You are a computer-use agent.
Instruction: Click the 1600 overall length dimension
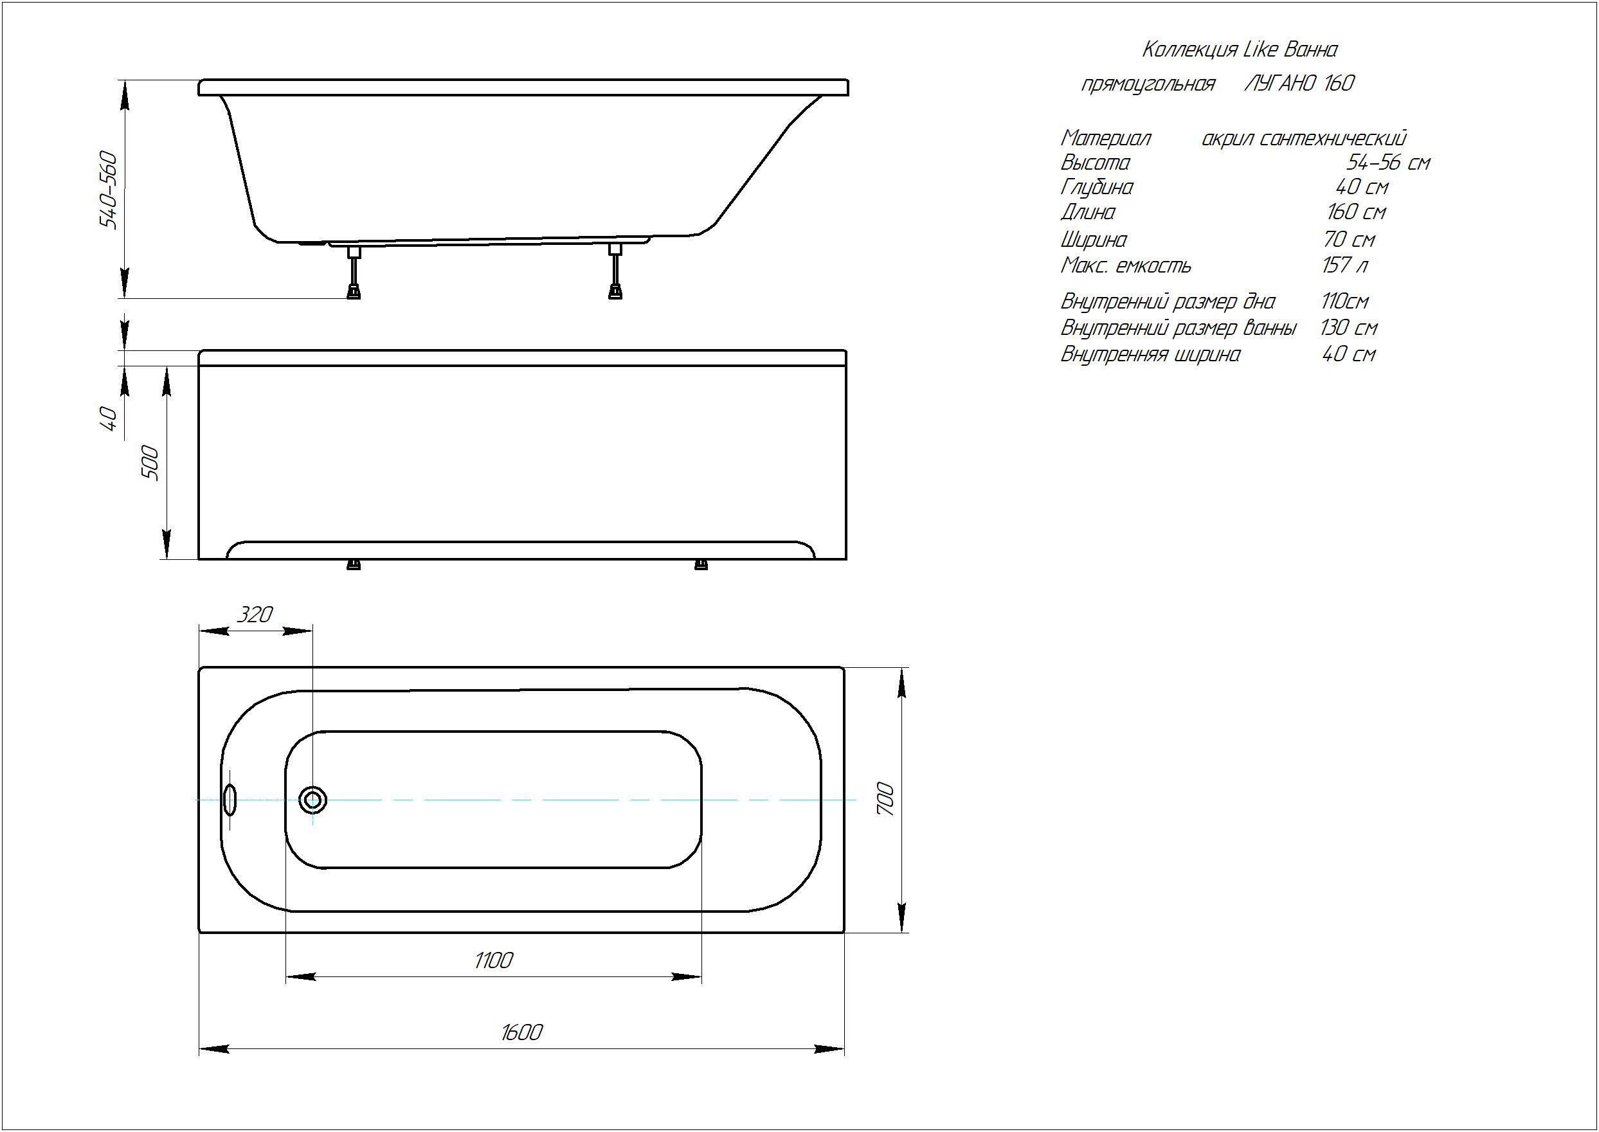pos(521,1032)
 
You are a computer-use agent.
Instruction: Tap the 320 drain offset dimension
pos(255,614)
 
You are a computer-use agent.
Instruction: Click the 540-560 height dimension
pos(109,189)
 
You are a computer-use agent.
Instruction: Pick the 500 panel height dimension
pos(150,463)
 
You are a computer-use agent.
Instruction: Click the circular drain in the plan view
pos(313,800)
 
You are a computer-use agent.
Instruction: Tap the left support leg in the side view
pos(355,272)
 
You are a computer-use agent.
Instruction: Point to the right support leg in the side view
pos(615,272)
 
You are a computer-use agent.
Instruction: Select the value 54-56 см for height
pos(1388,163)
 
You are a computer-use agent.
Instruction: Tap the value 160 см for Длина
pos(1356,212)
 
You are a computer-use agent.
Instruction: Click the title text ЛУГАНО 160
pos(1299,83)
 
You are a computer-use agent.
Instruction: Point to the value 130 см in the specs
pos(1349,328)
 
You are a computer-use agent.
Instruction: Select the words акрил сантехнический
pos(1303,139)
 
